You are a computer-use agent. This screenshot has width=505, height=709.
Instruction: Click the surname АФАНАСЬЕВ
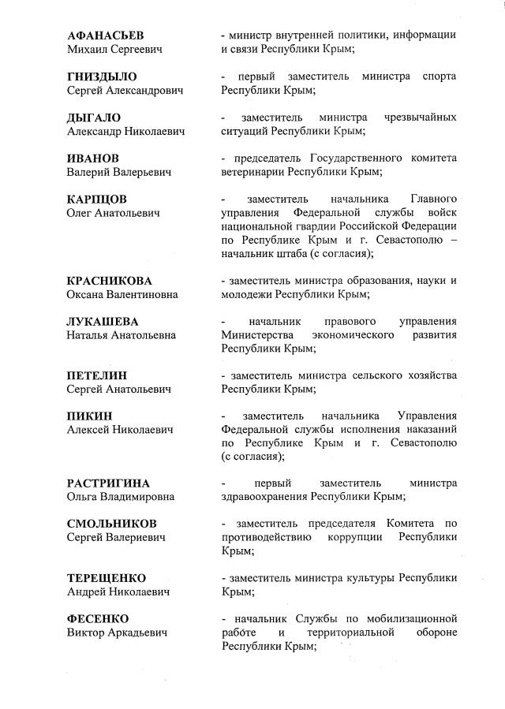[105, 35]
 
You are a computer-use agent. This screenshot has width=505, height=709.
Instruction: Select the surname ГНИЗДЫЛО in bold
[102, 76]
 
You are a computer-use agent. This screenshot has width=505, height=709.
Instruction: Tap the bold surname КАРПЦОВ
[96, 199]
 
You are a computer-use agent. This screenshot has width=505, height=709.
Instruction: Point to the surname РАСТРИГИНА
[108, 483]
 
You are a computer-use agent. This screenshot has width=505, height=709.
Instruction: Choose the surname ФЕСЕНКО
[97, 618]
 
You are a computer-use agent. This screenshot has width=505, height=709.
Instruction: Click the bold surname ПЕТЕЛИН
[96, 375]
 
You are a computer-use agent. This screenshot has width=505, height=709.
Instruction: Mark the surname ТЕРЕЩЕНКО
[107, 577]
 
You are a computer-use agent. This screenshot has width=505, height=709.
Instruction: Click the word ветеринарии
[252, 171]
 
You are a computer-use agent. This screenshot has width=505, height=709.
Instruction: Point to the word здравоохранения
[264, 496]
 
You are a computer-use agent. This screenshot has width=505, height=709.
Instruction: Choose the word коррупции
[353, 537]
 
